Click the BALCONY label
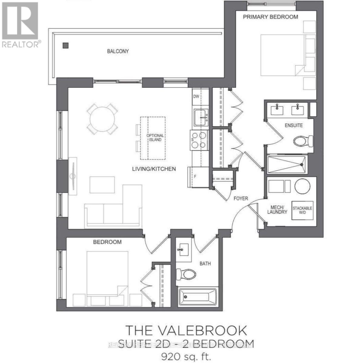point(118,51)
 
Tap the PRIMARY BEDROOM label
point(270,17)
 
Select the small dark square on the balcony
point(66,46)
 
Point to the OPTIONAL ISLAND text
point(155,138)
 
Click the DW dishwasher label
point(196,96)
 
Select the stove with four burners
point(199,140)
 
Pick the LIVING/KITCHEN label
point(154,169)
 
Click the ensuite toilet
point(303,141)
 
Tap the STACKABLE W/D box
point(302,210)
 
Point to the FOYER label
point(241,198)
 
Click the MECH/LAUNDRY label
point(277,210)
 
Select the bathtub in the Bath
point(198,298)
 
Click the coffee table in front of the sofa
point(102,185)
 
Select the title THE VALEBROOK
point(186,330)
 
